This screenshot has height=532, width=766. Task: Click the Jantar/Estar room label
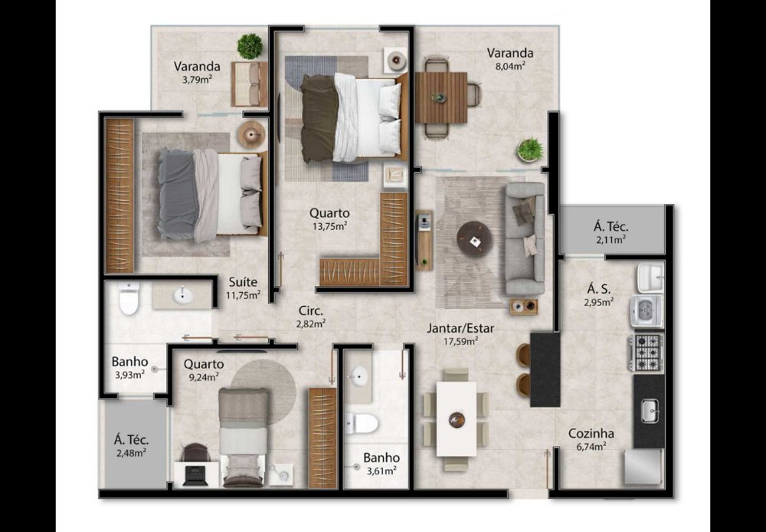click(460, 328)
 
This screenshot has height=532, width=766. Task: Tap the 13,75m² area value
click(329, 226)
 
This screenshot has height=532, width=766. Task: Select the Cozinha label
click(591, 433)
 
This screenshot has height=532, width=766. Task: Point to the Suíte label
click(244, 282)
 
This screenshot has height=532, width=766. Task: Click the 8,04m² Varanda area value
click(509, 65)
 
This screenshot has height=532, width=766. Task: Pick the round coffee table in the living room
click(474, 238)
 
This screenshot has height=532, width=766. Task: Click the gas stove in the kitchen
click(646, 352)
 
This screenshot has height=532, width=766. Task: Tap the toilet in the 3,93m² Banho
click(129, 297)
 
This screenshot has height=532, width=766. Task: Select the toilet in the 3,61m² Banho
click(361, 422)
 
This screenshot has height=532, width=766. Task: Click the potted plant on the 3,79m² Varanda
click(250, 47)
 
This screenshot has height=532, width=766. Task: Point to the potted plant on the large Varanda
click(530, 149)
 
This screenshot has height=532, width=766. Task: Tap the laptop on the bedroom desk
click(195, 475)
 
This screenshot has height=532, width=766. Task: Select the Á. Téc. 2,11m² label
click(611, 232)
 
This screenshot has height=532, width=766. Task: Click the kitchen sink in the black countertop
click(650, 411)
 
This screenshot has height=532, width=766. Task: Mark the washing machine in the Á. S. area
click(646, 310)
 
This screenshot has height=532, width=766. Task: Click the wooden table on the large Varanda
click(441, 98)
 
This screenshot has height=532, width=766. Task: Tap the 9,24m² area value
click(203, 376)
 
